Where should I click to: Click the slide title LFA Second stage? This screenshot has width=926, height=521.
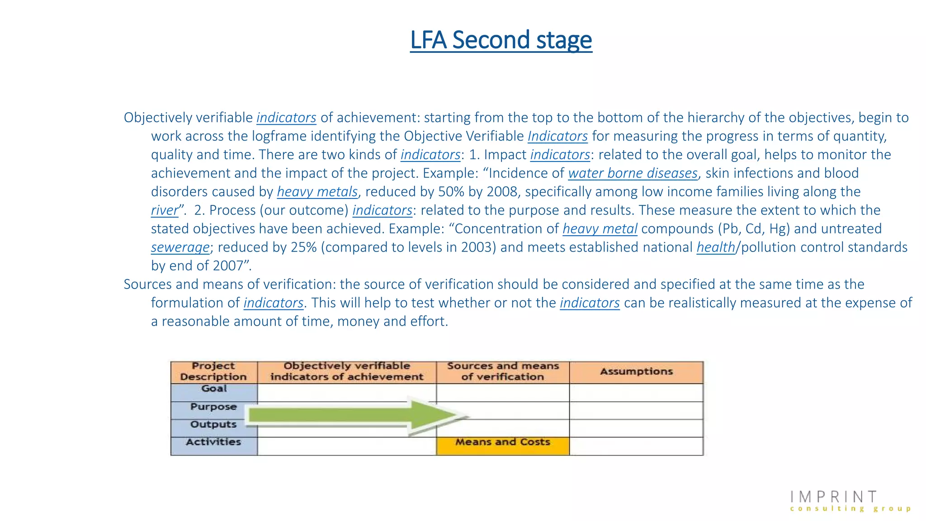[501, 40]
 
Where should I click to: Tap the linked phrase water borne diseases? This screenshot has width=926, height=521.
[633, 173]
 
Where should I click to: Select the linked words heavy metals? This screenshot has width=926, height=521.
[317, 192]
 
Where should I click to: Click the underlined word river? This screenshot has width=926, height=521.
[165, 210]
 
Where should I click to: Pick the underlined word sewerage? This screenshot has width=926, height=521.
[180, 247]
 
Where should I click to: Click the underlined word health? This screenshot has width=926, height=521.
[716, 247]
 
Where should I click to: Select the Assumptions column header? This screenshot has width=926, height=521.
[636, 372]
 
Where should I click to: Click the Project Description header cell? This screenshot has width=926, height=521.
[213, 372]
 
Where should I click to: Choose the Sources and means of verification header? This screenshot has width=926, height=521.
[503, 372]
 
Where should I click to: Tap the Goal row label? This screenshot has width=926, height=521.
[214, 389]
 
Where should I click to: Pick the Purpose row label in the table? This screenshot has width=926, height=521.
[213, 407]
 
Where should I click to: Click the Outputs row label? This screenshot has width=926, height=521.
[213, 425]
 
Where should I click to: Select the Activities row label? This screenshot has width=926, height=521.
[213, 442]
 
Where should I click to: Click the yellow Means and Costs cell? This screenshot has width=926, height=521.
[503, 442]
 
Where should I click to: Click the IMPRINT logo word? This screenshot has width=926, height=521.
[834, 497]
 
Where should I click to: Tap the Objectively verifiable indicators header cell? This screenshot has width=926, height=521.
[347, 372]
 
